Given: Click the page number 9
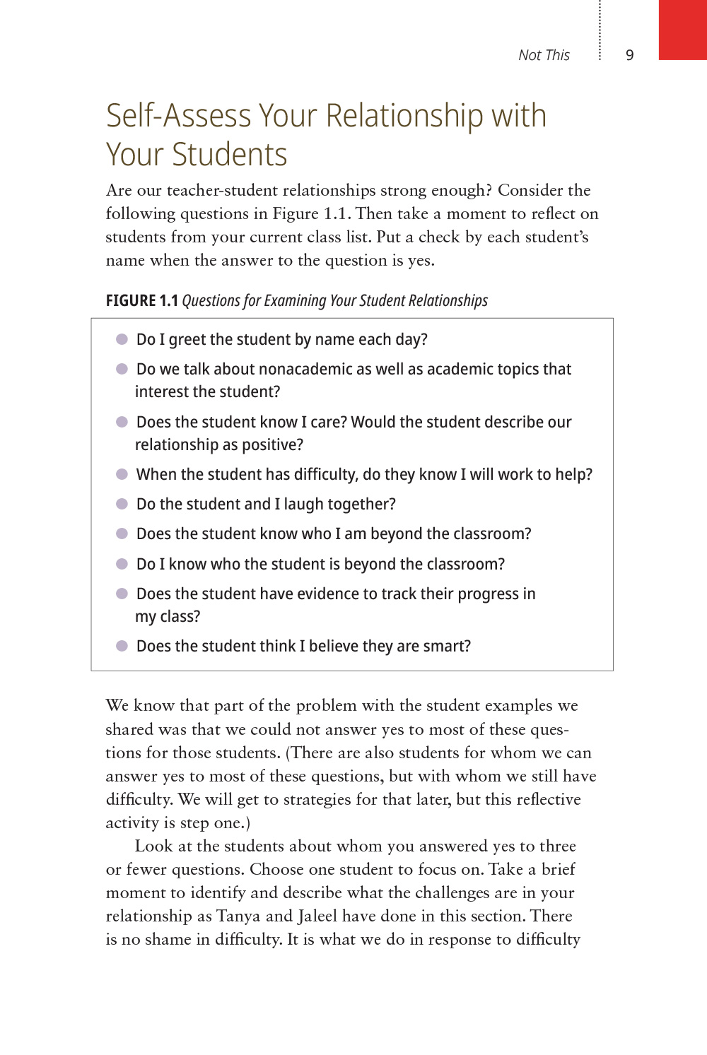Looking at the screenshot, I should click(x=630, y=55).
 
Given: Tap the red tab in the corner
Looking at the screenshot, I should click(x=682, y=30).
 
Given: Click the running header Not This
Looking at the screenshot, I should click(x=544, y=55).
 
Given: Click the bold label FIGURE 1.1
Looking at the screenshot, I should click(x=141, y=300).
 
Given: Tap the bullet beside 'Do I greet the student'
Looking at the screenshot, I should click(x=122, y=339).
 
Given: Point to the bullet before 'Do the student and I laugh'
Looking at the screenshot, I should click(x=122, y=504).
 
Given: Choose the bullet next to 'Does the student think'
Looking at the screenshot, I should click(x=122, y=646).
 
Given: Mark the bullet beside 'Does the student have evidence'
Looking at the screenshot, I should click(x=122, y=594).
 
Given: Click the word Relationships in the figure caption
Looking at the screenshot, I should click(x=447, y=300).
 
